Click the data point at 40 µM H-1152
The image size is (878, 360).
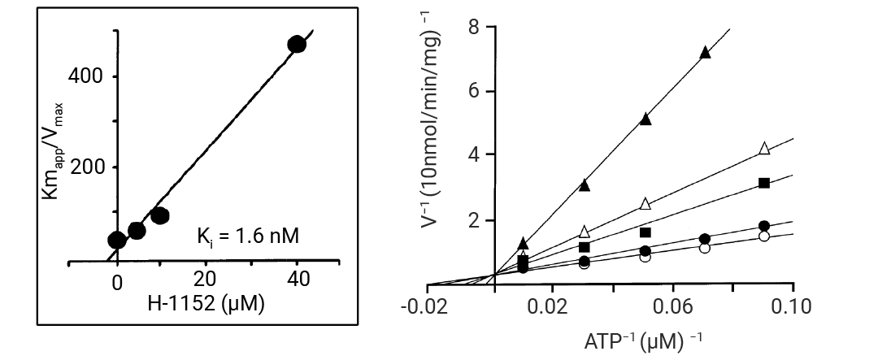click(x=297, y=45)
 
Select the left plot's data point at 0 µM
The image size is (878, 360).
click(x=117, y=240)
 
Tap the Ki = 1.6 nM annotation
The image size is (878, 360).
click(x=248, y=238)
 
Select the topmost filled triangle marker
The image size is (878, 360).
click(x=705, y=54)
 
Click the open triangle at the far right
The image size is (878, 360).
click(x=764, y=148)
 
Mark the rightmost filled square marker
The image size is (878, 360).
click(x=764, y=183)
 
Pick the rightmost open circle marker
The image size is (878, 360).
click(x=763, y=236)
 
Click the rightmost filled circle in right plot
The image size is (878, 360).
click(x=764, y=226)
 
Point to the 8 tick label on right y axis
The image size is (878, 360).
click(x=472, y=27)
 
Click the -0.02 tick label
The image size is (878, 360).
click(x=427, y=306)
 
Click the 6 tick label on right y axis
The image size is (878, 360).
click(x=472, y=91)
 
